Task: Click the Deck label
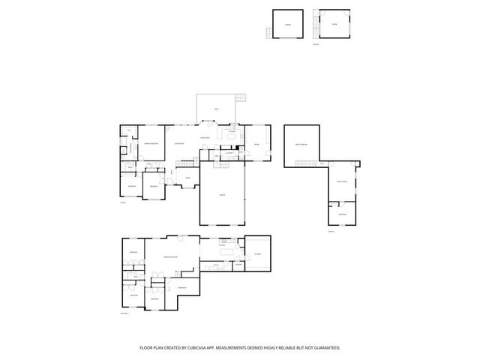point(217,110)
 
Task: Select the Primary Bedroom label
point(153,143)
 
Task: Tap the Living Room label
point(178,143)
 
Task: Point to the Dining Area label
point(204,137)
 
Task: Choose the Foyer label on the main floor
point(187,178)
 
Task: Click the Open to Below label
point(302,143)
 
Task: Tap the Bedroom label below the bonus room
point(341,214)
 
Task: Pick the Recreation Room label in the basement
point(171,257)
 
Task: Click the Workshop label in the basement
point(182,287)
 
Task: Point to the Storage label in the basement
point(257,254)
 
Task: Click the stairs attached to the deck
point(240,98)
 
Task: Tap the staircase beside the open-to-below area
point(322,163)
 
